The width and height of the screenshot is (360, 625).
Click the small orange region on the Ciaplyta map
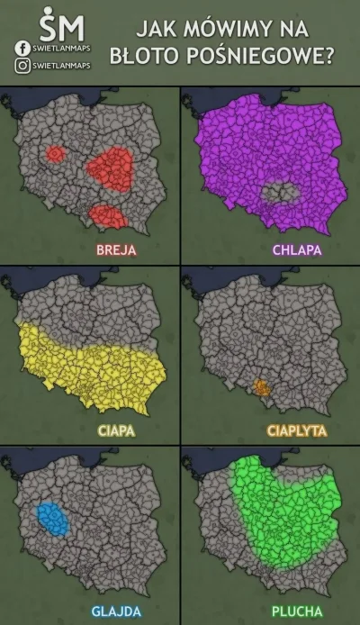click(262, 388)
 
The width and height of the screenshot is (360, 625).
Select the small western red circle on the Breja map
click(56, 156)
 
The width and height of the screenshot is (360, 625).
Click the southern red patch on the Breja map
click(106, 214)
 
